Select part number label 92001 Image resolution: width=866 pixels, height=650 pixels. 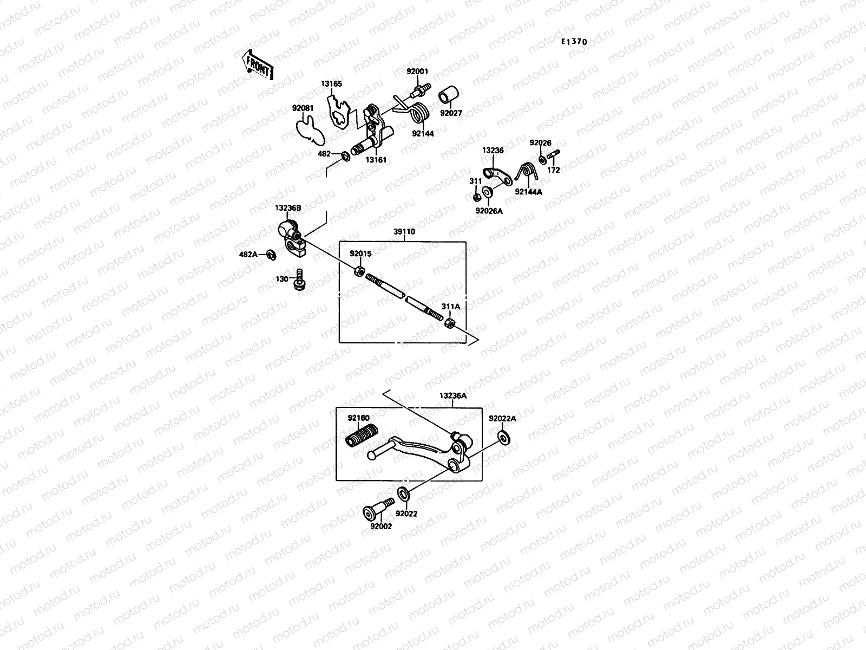(417, 71)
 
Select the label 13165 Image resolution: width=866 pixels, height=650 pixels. (331, 84)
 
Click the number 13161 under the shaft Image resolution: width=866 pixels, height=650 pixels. (376, 160)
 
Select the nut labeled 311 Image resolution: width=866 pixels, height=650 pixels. (475, 197)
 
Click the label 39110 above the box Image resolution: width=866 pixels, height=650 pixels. (404, 232)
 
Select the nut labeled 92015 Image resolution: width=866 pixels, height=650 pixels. (358, 270)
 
